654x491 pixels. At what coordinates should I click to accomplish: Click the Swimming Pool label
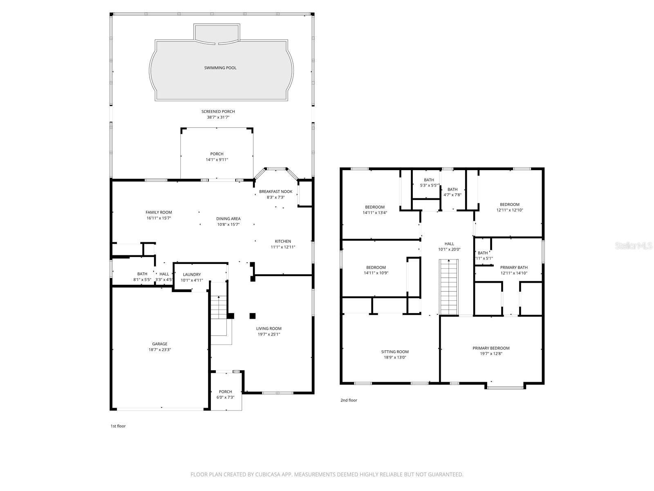pyautogui.click(x=220, y=68)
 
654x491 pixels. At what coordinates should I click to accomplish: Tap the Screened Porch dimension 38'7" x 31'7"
pyautogui.click(x=218, y=117)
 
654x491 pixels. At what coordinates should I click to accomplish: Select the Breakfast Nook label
pyautogui.click(x=275, y=191)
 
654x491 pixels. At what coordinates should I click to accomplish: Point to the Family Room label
pyautogui.click(x=159, y=212)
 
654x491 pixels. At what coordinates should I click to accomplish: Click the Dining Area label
pyautogui.click(x=228, y=219)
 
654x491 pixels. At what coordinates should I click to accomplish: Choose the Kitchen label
pyautogui.click(x=283, y=241)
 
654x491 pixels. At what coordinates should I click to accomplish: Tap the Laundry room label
pyautogui.click(x=192, y=275)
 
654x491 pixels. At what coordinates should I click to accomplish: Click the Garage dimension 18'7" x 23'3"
pyautogui.click(x=160, y=350)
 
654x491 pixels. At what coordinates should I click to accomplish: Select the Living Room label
pyautogui.click(x=269, y=329)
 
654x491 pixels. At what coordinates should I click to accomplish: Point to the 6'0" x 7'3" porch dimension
pyautogui.click(x=225, y=397)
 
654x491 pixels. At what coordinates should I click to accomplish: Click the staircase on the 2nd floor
pyautogui.click(x=449, y=287)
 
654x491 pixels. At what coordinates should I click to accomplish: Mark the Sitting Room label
pyautogui.click(x=395, y=352)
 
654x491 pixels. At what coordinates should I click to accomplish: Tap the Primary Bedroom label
pyautogui.click(x=491, y=348)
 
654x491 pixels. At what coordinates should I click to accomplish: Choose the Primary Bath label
pyautogui.click(x=514, y=268)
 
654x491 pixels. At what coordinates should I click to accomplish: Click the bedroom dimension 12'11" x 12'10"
pyautogui.click(x=509, y=210)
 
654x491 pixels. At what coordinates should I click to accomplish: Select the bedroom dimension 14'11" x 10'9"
pyautogui.click(x=376, y=273)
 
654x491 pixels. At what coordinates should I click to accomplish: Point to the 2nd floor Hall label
pyautogui.click(x=449, y=244)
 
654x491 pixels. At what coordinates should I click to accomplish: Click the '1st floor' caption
pyautogui.click(x=118, y=426)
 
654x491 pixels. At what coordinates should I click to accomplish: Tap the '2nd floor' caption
pyautogui.click(x=349, y=401)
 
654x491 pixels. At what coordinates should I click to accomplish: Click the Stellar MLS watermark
pyautogui.click(x=634, y=245)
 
